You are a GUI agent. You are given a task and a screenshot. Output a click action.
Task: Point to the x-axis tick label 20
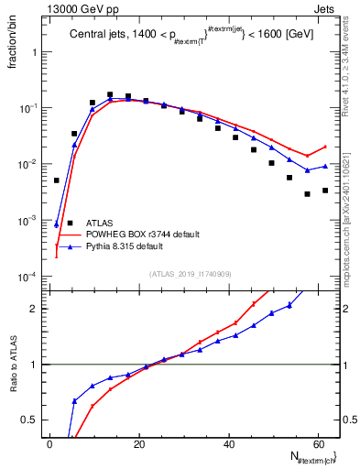[139, 444]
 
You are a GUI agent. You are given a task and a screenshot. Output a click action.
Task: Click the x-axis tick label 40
[229, 444]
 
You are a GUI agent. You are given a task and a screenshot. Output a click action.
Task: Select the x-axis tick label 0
[50, 444]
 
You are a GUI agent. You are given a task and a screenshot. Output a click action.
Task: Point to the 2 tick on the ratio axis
[35, 309]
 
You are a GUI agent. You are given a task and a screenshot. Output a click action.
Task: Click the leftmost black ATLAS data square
[57, 180]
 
